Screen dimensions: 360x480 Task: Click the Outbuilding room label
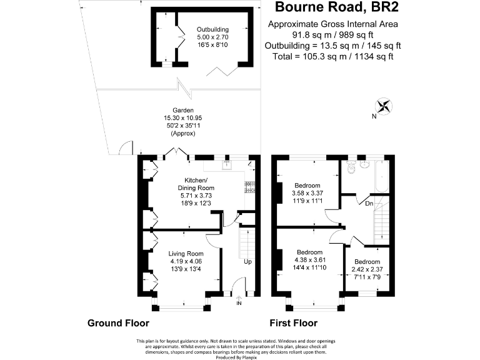pyautogui.click(x=212, y=29)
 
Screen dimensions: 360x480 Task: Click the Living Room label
pyautogui.click(x=186, y=253)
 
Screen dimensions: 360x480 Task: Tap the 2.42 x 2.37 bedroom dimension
pyautogui.click(x=366, y=270)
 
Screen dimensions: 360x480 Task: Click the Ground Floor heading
pyautogui.click(x=117, y=324)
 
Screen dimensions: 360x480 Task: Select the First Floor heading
pyautogui.click(x=293, y=324)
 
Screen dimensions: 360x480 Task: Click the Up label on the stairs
pyautogui.click(x=248, y=261)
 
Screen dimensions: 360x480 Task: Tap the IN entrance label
pyautogui.click(x=239, y=304)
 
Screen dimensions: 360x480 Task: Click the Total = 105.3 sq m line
pyautogui.click(x=333, y=57)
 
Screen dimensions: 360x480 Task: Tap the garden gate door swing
pyautogui.click(x=125, y=148)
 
